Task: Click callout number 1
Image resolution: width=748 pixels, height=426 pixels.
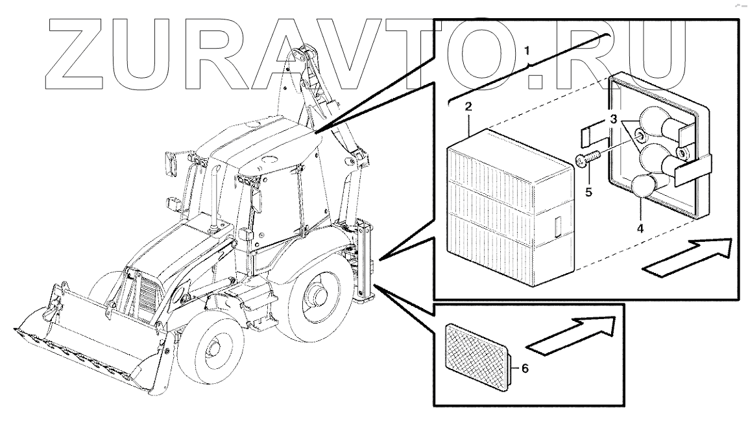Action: coord(527,50)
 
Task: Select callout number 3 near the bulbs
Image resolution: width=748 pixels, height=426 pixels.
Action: coord(614,119)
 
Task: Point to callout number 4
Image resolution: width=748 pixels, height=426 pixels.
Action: coord(640,228)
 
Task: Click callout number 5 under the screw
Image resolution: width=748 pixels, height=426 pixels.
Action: coord(588,192)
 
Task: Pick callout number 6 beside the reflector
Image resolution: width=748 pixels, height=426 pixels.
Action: coord(525,368)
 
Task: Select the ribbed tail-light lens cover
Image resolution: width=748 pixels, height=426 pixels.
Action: coord(510,208)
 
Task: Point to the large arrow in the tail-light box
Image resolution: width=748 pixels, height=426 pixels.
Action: coord(687,257)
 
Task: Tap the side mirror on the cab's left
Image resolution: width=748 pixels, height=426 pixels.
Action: coord(171,165)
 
